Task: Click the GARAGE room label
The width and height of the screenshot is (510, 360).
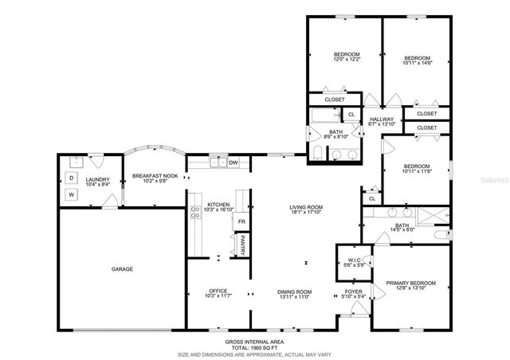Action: point(122,269)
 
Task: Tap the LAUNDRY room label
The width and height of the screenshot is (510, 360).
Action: point(97,158)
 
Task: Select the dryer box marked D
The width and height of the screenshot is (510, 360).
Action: point(71,177)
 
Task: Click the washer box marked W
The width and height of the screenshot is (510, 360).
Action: point(71,194)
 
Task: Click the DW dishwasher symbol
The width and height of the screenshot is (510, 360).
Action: point(233,163)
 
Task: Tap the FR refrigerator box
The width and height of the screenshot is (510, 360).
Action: point(241,221)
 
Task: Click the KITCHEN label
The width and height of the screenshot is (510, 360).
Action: point(218,205)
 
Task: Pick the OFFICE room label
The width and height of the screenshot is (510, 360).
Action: point(218,291)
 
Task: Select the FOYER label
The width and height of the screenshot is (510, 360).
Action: point(354,292)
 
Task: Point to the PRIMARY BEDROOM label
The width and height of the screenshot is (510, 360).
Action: point(410,283)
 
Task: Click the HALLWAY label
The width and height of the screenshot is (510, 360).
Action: point(382,119)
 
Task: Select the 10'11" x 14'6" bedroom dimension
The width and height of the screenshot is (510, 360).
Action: point(417,65)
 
